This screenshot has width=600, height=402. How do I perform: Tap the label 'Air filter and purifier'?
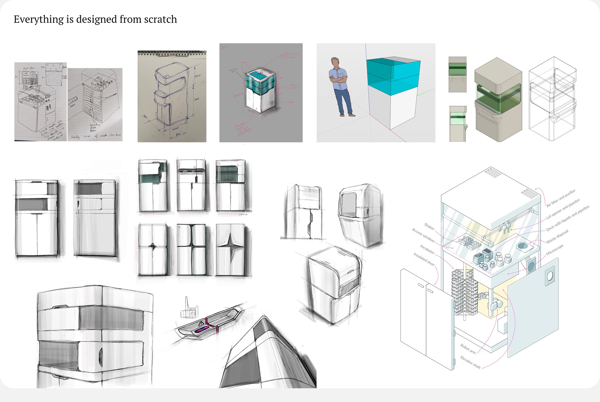pyautogui.click(x=561, y=198)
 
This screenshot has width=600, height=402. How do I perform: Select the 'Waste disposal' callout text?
pyautogui.click(x=557, y=237)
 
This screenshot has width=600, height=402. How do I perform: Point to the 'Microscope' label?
pyautogui.click(x=555, y=249)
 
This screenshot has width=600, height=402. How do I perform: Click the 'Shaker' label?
pyautogui.click(x=429, y=226)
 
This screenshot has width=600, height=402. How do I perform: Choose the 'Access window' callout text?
pyautogui.click(x=423, y=235)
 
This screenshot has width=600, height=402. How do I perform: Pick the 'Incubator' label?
pyautogui.click(x=427, y=249)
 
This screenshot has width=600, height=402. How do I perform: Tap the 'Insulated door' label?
pyautogui.click(x=424, y=259)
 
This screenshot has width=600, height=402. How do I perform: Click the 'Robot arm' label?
pyautogui.click(x=468, y=349)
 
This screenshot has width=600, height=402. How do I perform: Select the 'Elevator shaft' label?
pyautogui.click(x=470, y=362)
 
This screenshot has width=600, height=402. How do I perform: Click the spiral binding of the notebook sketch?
pyautogui.click(x=172, y=53)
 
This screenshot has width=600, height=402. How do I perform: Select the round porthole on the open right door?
pyautogui.click(x=550, y=276)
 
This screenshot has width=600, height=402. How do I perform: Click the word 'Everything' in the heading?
pyautogui.click(x=39, y=19)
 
